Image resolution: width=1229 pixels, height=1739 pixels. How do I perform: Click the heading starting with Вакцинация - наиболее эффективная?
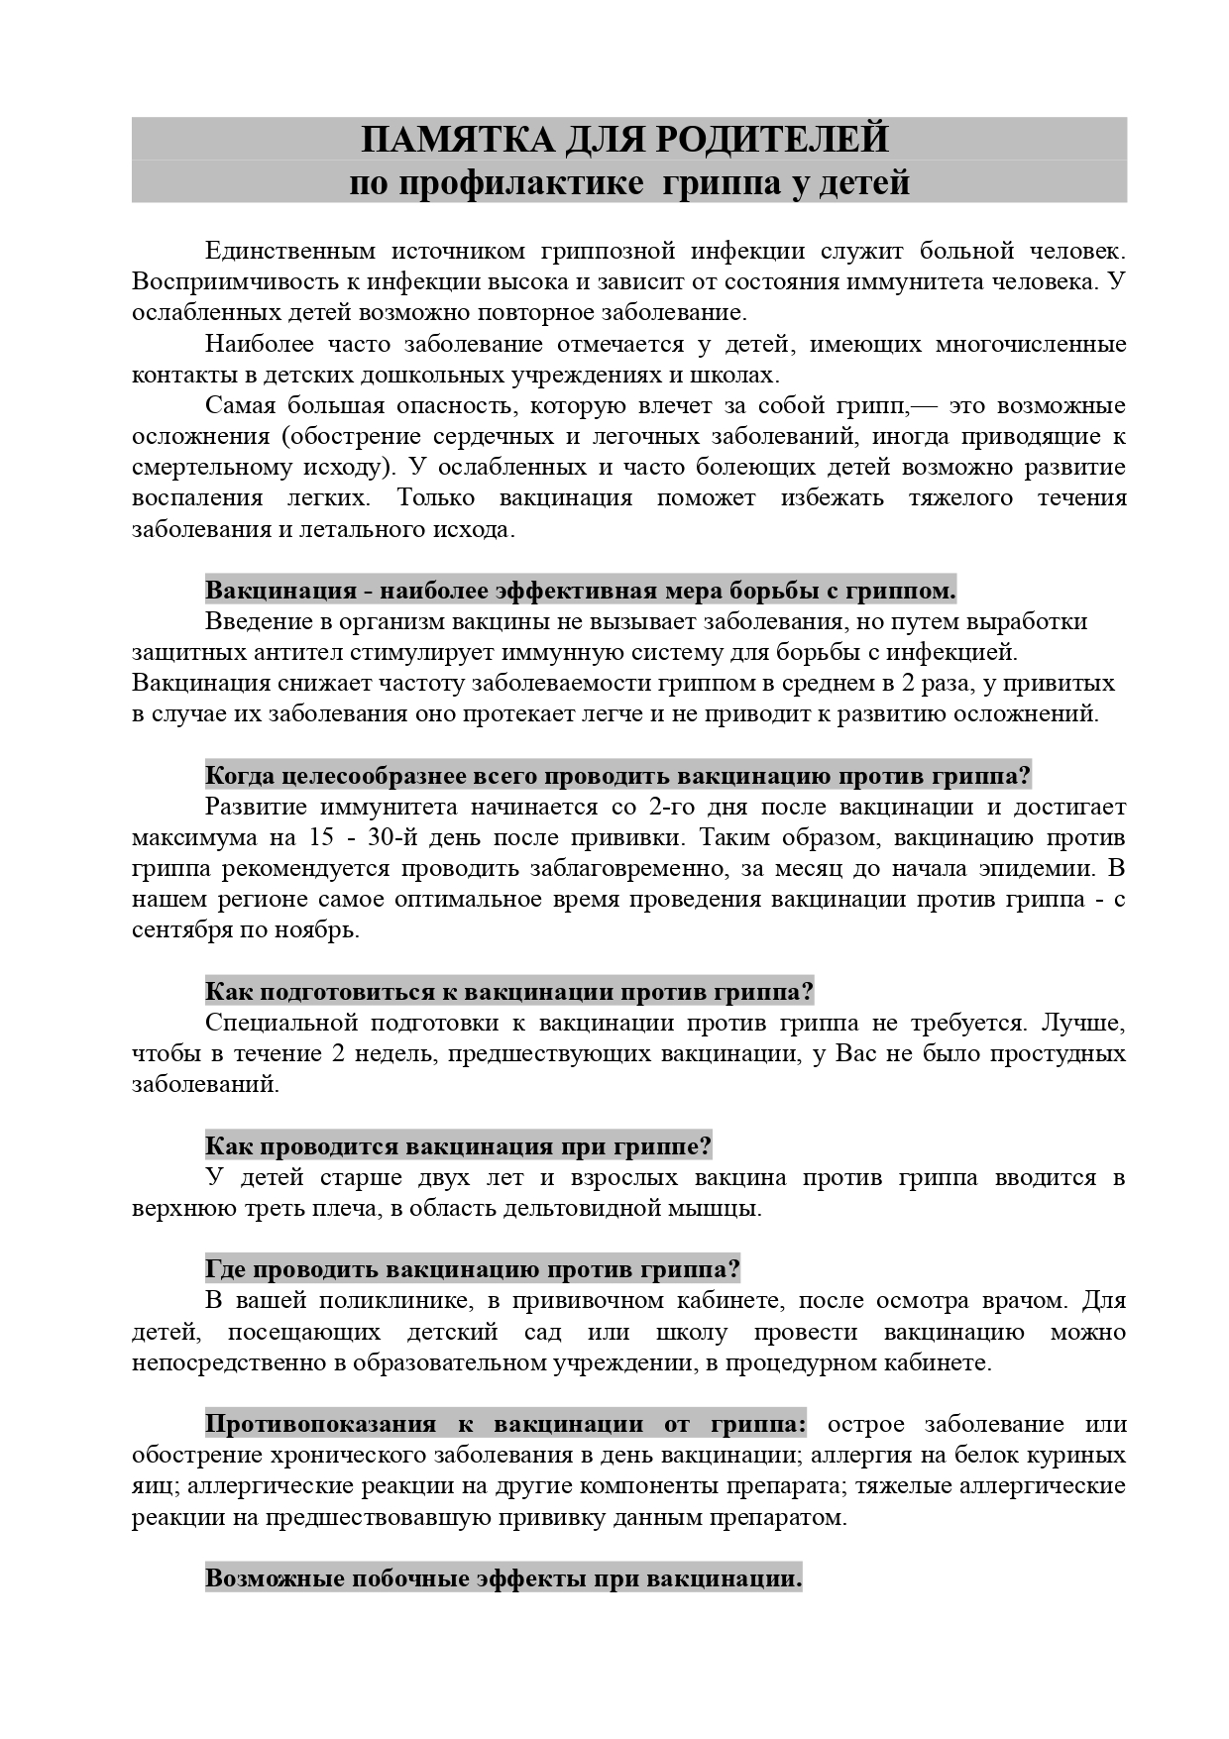(581, 591)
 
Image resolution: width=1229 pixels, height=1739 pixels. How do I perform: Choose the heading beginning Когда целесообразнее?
(618, 775)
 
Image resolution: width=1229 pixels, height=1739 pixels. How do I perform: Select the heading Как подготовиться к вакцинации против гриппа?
(509, 992)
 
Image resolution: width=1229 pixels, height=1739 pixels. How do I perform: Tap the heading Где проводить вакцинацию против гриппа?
(473, 1269)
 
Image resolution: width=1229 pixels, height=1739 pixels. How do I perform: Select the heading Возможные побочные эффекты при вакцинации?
(503, 1578)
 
